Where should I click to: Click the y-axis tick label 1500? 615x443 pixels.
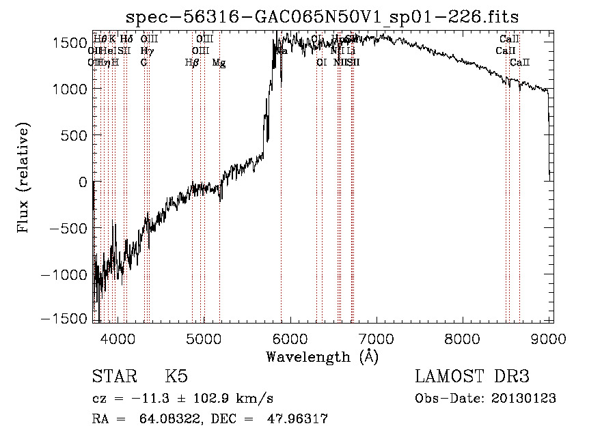coord(70,42)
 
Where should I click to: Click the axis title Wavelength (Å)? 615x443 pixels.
coord(322,356)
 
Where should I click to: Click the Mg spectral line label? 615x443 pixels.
coord(219,63)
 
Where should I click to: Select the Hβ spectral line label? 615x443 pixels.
coord(192,63)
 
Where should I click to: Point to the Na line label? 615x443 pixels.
coord(281,51)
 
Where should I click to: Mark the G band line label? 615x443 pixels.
coord(144,63)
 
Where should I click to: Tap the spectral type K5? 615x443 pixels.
coord(176,377)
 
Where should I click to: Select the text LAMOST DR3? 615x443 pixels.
coord(472,377)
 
